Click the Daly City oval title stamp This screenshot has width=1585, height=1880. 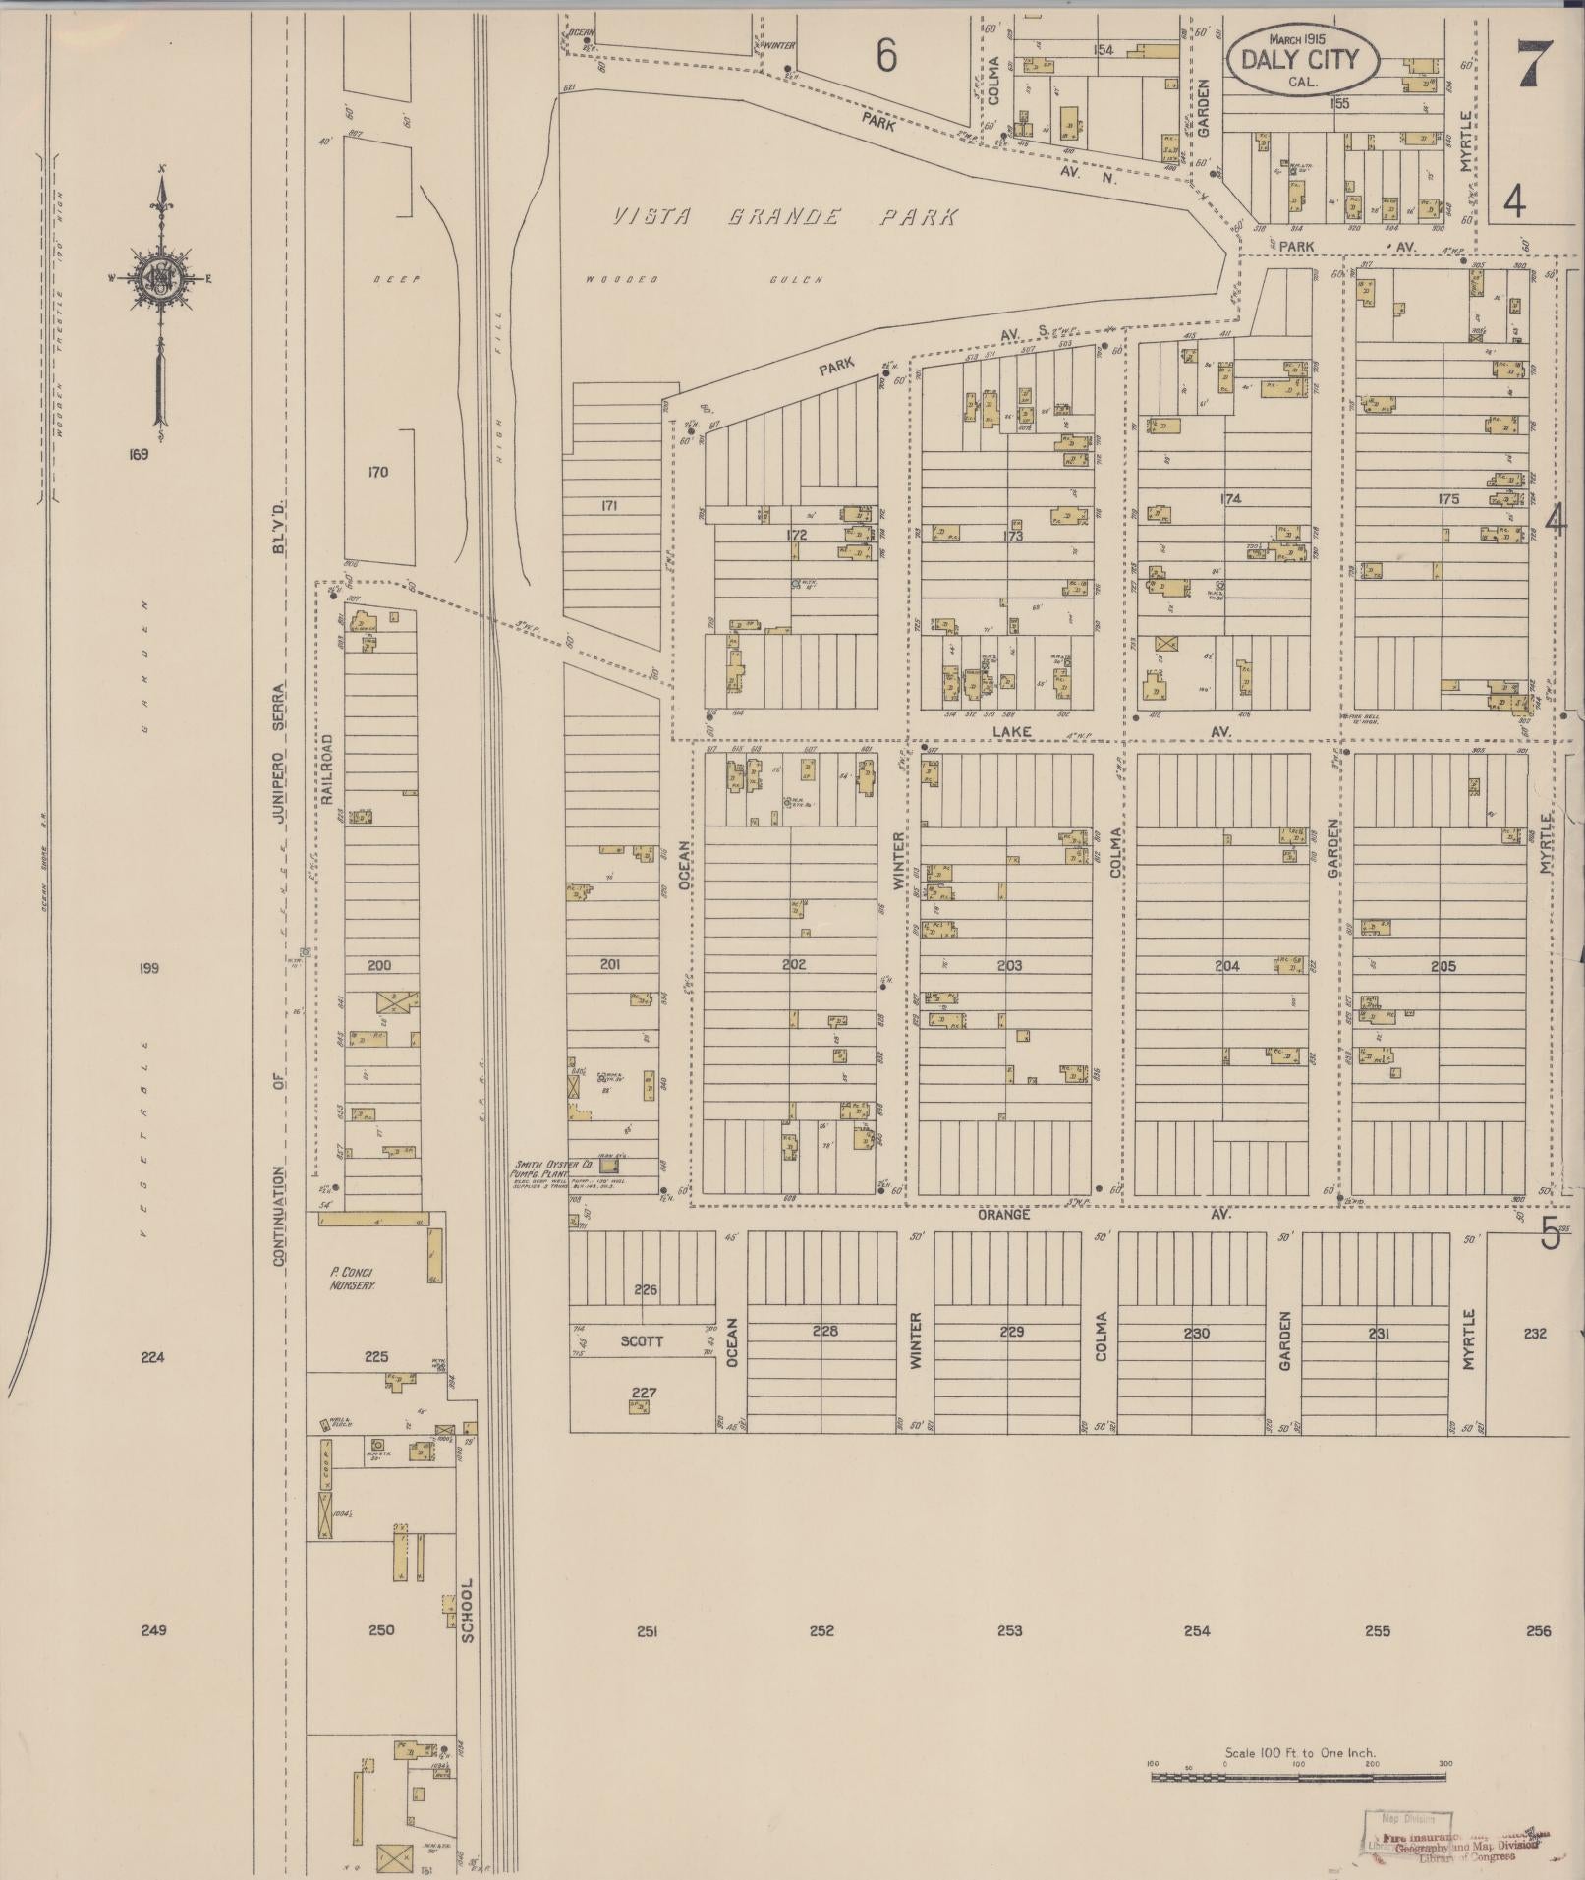click(x=1303, y=58)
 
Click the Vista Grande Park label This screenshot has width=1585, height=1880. click(x=784, y=217)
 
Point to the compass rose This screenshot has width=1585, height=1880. click(x=161, y=278)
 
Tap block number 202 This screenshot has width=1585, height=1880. click(x=793, y=964)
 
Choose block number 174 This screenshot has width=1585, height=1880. click(x=1229, y=498)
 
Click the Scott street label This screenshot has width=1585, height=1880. click(x=642, y=1340)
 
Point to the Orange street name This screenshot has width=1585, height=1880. click(x=1003, y=1214)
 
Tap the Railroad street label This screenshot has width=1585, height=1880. click(x=328, y=769)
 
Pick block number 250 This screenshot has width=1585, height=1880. click(x=380, y=1630)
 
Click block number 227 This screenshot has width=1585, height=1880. click(x=644, y=1392)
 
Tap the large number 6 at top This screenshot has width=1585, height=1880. click(x=886, y=57)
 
